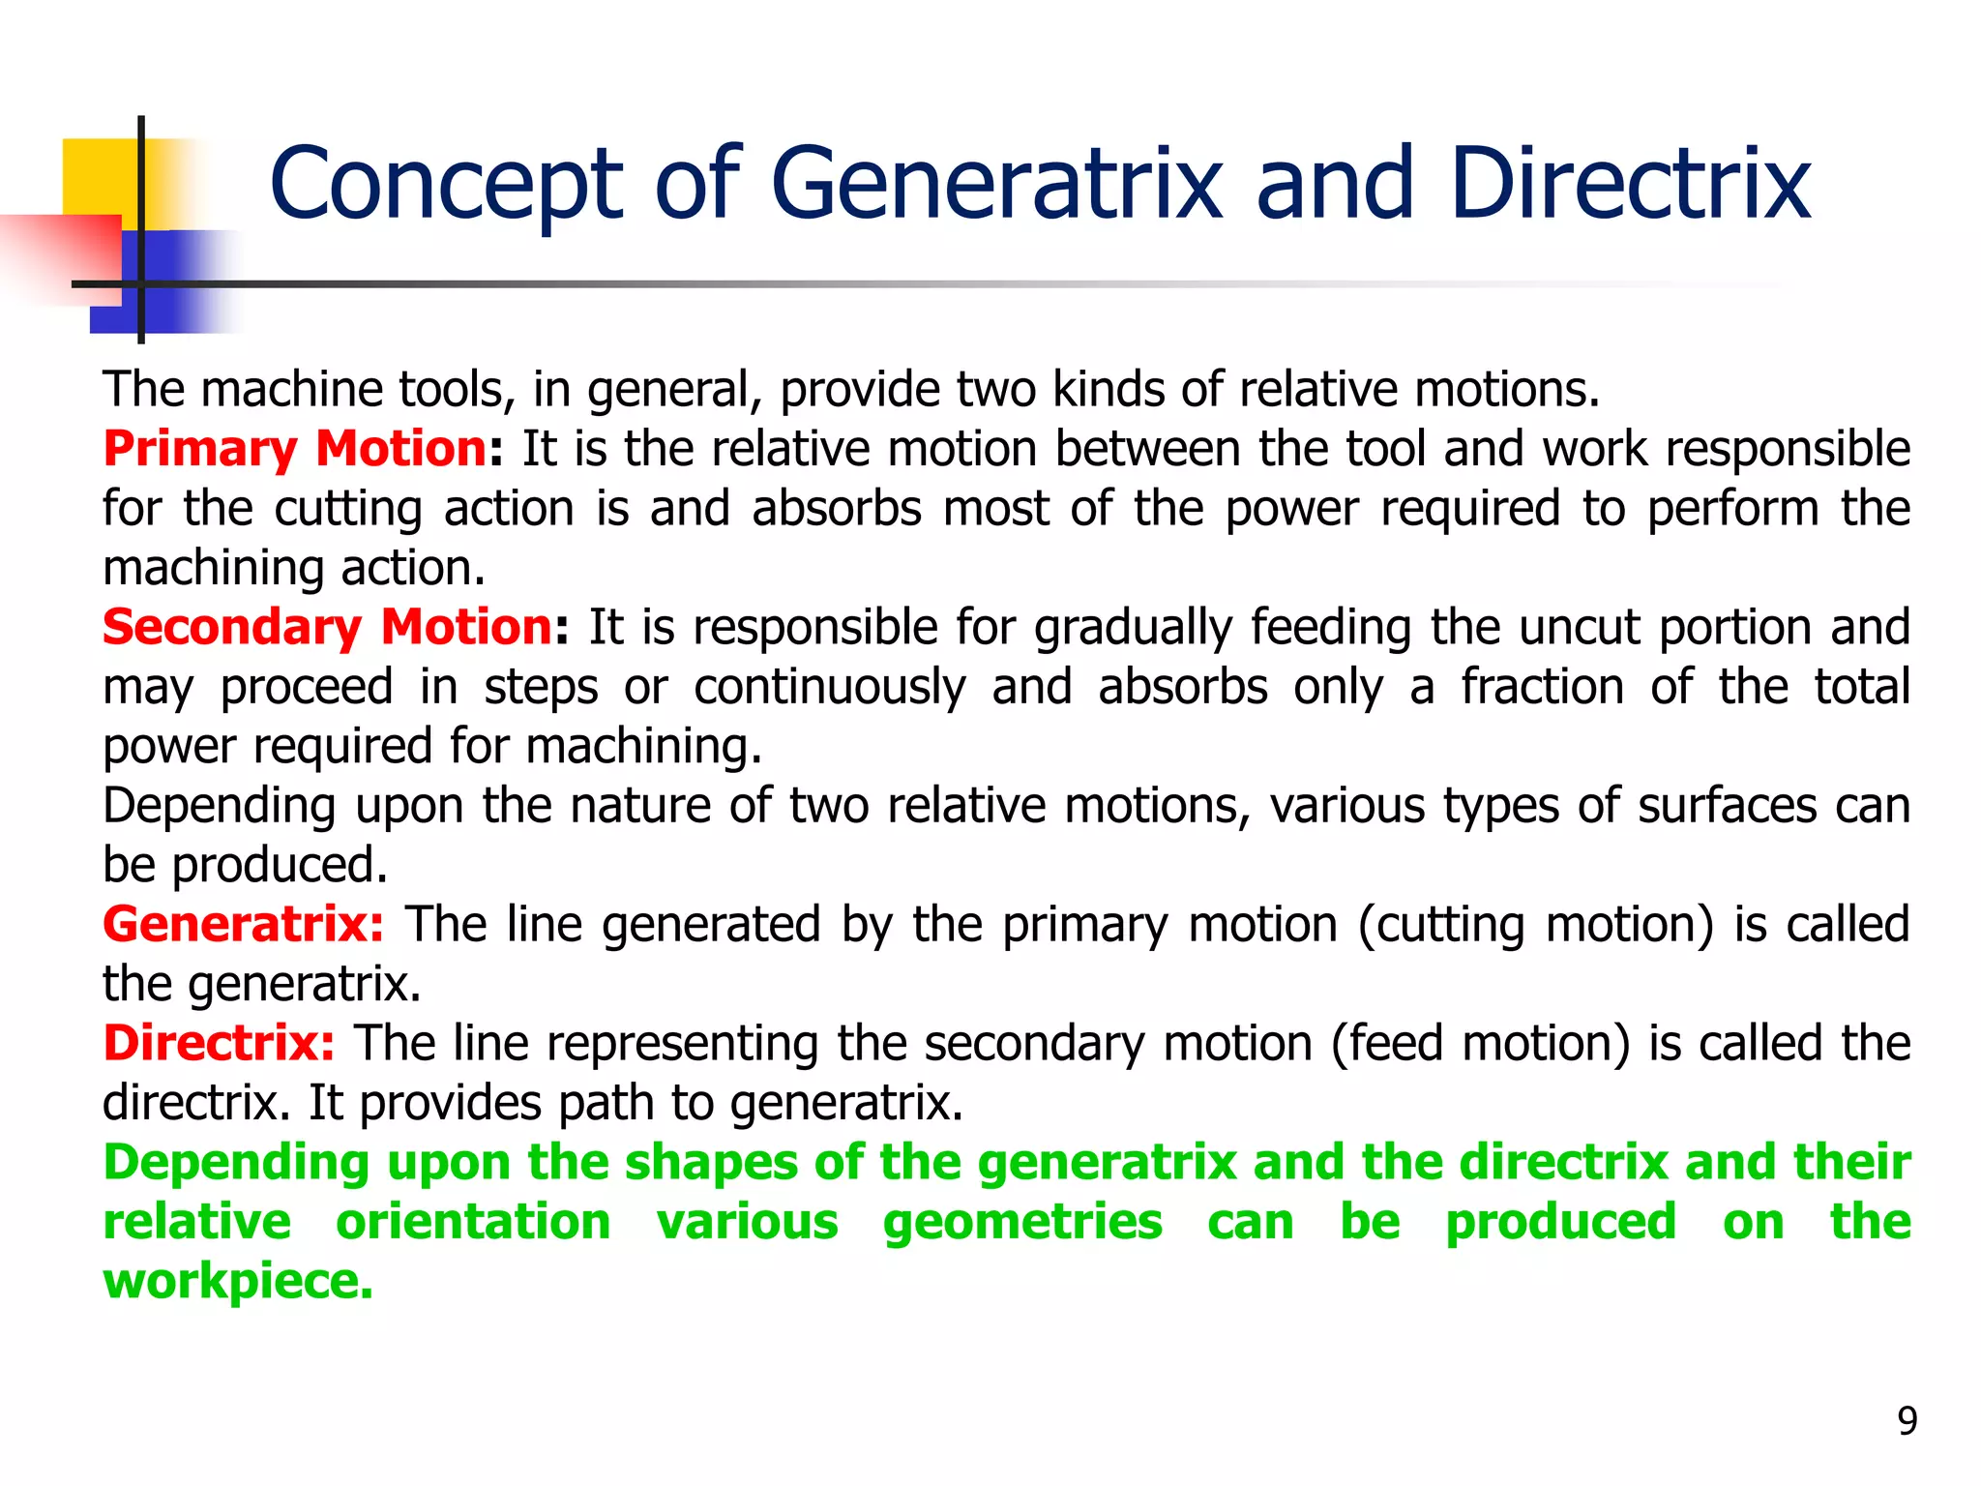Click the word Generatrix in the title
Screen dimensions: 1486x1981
coord(996,184)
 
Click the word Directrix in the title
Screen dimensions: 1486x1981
coord(1630,184)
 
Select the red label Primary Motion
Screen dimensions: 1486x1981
coord(295,450)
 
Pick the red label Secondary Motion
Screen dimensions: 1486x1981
coord(328,628)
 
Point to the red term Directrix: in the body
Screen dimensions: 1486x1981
coord(220,1044)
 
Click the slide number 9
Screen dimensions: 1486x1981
coord(1907,1421)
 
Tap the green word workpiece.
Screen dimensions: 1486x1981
coord(238,1282)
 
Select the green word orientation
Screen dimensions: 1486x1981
coord(473,1222)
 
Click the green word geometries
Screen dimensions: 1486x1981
coord(1022,1222)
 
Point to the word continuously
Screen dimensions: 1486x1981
coord(829,688)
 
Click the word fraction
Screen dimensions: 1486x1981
coord(1542,688)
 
